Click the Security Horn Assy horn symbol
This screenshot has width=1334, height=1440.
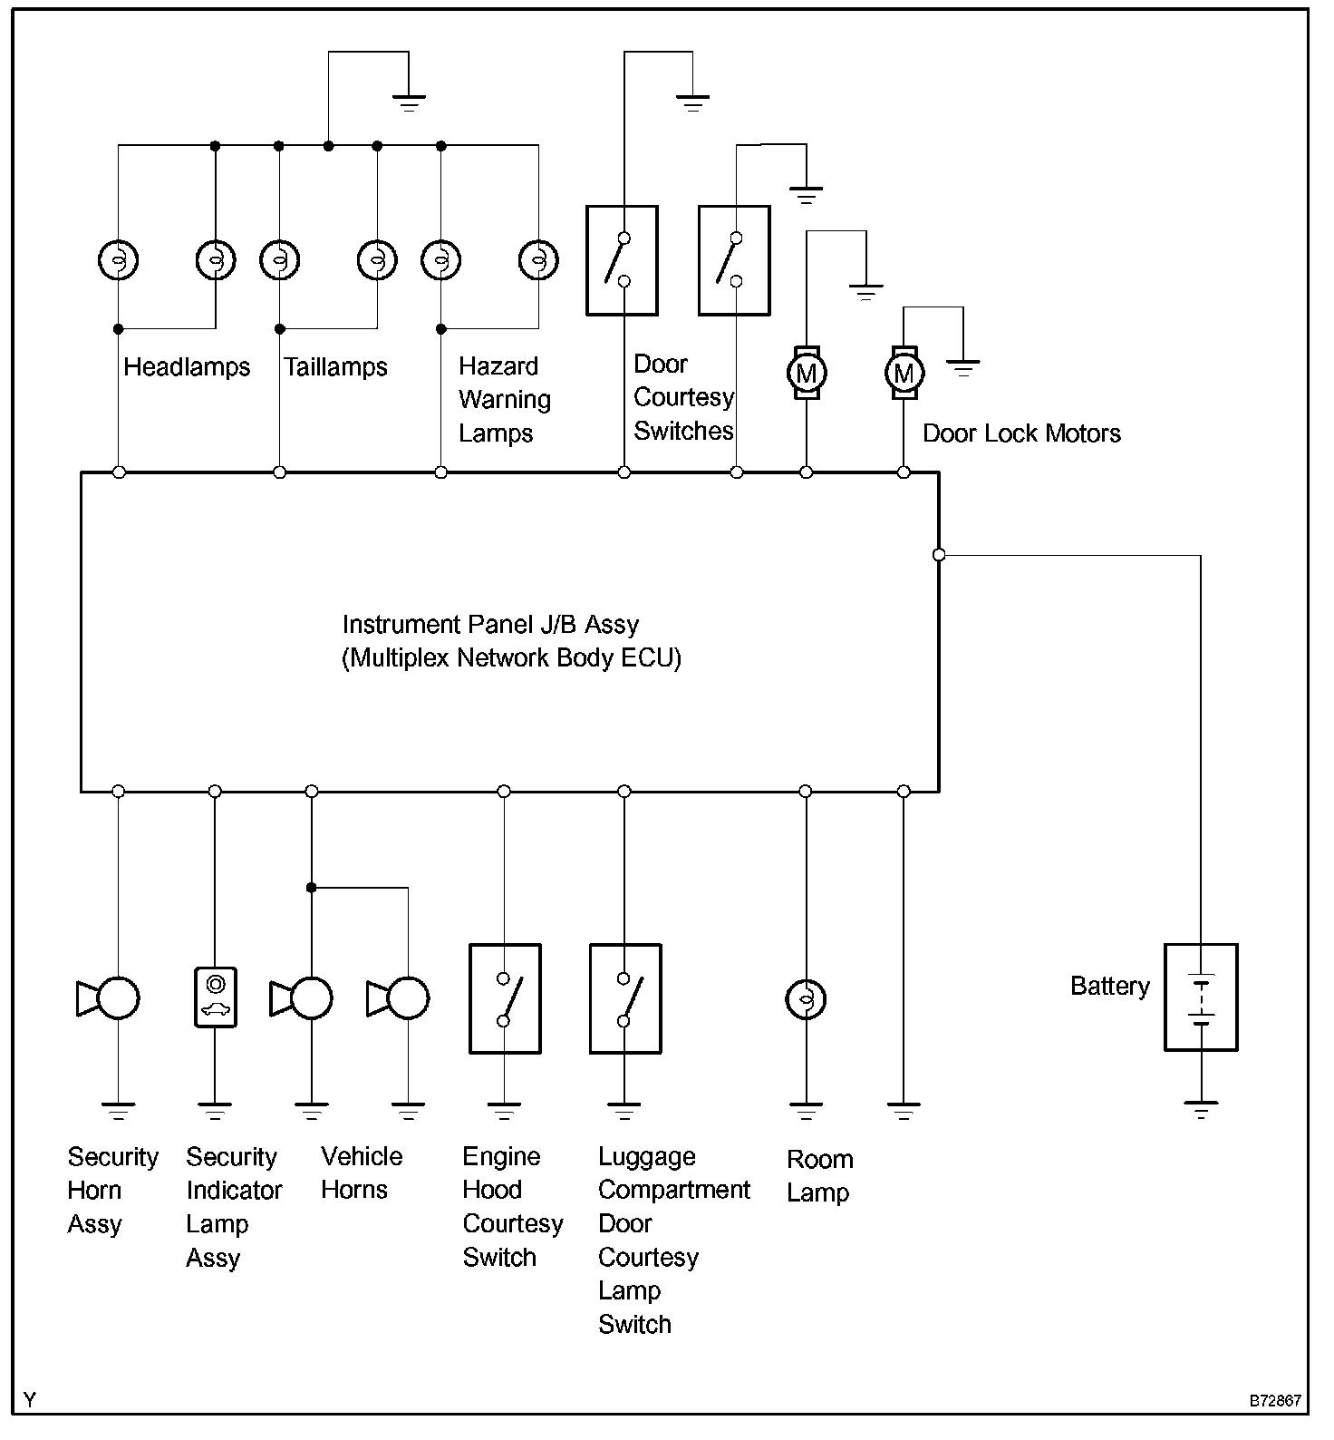109,998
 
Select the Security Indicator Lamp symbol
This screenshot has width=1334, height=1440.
215,997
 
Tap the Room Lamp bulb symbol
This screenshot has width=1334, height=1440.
805,1000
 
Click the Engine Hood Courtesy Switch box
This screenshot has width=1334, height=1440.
505,998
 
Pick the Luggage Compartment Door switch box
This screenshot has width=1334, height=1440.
624,998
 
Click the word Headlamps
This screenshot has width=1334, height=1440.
187,367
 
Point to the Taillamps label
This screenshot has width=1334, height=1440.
335,367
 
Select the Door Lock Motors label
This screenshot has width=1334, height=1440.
1021,433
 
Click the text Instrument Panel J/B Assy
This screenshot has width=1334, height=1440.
490,625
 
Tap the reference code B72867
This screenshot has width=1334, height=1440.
1275,1401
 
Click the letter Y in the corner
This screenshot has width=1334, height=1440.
30,1401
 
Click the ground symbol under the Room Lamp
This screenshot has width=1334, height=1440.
805,1110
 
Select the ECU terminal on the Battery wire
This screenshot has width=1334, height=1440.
939,555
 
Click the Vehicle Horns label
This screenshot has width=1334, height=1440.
361,1173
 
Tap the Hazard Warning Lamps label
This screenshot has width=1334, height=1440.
504,400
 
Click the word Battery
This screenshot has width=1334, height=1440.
1109,987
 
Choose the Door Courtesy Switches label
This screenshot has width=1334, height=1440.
683,398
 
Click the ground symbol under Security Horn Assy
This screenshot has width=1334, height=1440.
118,1110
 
